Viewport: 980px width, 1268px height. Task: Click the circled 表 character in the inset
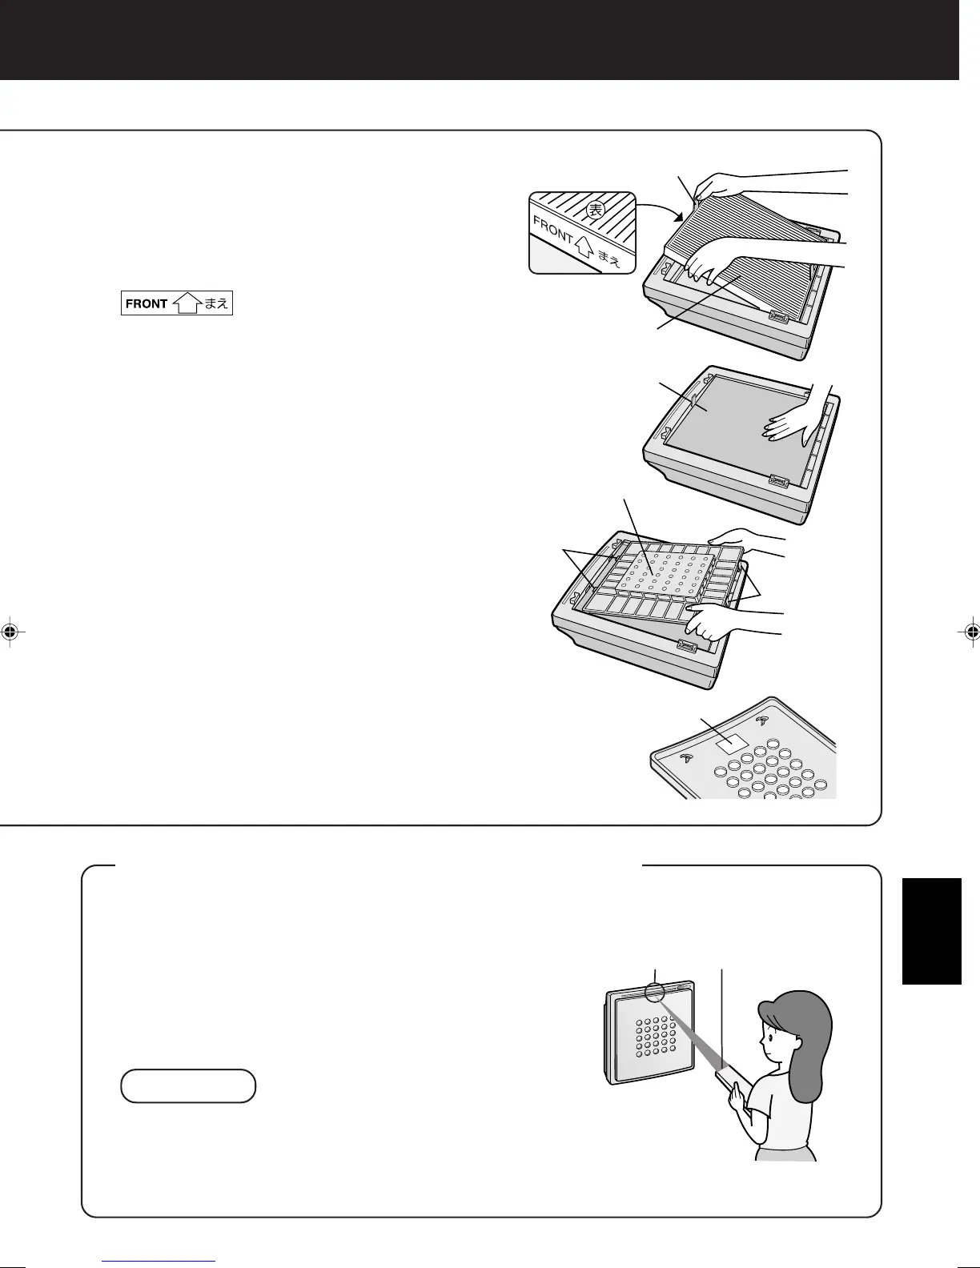(593, 211)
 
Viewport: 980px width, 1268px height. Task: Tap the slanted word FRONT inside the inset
(553, 230)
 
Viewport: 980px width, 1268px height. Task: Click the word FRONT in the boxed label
(147, 304)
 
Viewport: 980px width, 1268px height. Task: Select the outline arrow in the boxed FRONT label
(186, 304)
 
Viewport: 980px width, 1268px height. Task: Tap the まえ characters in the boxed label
(216, 304)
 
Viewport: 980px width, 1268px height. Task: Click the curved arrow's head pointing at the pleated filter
(680, 218)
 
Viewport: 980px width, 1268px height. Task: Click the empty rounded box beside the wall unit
(188, 1086)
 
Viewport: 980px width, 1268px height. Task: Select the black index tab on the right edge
(931, 930)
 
